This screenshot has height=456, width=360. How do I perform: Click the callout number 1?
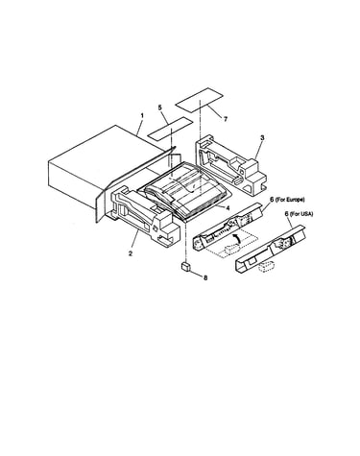tap(142, 115)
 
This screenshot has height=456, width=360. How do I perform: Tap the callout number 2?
tap(131, 253)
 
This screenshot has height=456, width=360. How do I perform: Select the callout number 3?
tap(262, 138)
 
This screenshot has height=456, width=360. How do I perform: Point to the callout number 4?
tap(228, 208)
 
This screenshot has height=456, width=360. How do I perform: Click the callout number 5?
tap(160, 108)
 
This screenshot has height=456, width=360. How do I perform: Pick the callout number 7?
tap(226, 119)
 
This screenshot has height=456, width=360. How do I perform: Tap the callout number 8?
tap(205, 277)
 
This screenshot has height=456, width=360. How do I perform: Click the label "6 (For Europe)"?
tap(287, 200)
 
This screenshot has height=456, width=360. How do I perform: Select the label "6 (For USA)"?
tap(299, 214)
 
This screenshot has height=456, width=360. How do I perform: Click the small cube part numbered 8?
tap(186, 267)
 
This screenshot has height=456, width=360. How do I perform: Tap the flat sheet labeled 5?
tap(170, 129)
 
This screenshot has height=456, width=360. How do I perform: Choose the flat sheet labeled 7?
tap(199, 100)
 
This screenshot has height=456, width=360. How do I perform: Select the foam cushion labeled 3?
tap(231, 164)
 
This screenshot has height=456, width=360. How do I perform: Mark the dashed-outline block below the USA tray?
tap(267, 266)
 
